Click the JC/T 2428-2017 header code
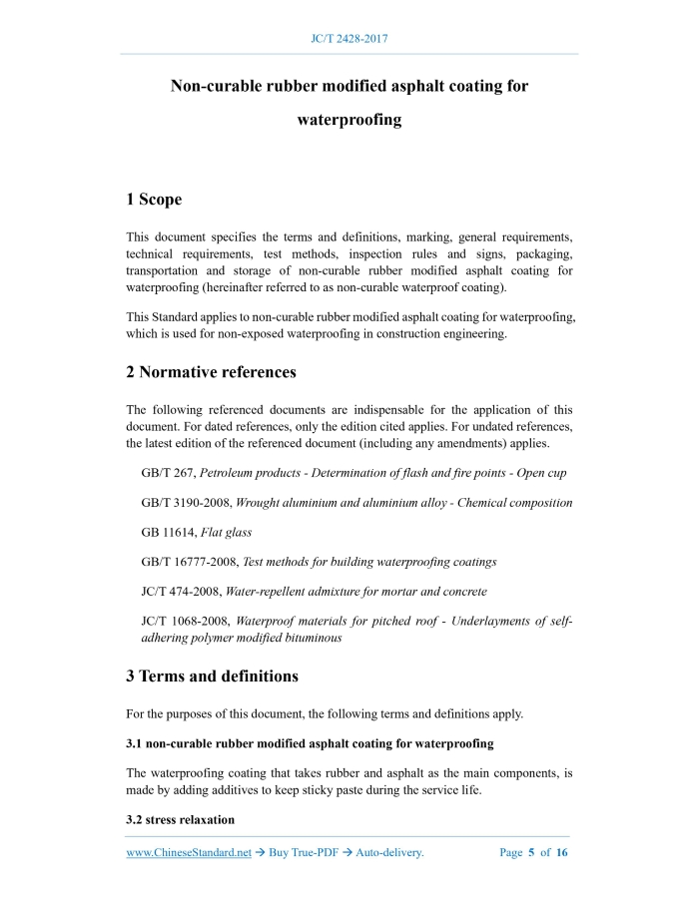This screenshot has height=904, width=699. [x=349, y=39]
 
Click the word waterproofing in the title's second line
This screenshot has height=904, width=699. [x=349, y=121]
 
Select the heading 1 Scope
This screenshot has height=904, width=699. [x=154, y=200]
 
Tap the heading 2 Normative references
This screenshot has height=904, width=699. [x=211, y=372]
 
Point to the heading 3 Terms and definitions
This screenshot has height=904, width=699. [x=212, y=677]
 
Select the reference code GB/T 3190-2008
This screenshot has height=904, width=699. [x=186, y=503]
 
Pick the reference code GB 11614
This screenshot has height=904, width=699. [x=168, y=533]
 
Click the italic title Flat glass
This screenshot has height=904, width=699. [x=226, y=533]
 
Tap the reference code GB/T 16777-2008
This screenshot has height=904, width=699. [x=190, y=563]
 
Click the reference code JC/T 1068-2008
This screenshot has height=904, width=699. [x=186, y=621]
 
